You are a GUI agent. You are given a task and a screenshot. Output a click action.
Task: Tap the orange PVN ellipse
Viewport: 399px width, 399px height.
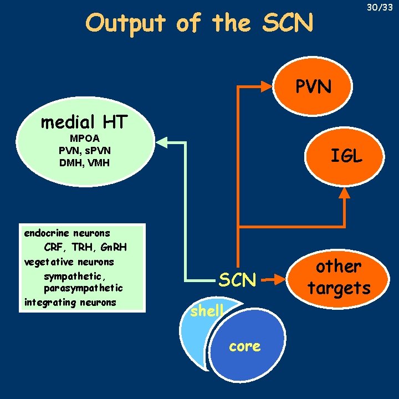pyautogui.click(x=313, y=86)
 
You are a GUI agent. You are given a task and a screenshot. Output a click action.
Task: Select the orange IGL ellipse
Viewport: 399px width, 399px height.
pyautogui.click(x=346, y=157)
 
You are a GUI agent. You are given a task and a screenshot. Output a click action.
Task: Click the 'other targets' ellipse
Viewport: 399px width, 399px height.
pyautogui.click(x=339, y=277)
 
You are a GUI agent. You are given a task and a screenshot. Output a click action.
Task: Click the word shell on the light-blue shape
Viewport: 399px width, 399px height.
pyautogui.click(x=206, y=311)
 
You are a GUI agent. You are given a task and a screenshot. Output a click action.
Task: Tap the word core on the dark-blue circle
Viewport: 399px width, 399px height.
pyautogui.click(x=245, y=347)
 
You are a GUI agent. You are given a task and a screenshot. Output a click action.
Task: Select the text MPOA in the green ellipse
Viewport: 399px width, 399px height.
pyautogui.click(x=84, y=138)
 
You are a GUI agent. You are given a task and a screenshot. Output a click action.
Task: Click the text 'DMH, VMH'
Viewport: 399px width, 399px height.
pyautogui.click(x=84, y=162)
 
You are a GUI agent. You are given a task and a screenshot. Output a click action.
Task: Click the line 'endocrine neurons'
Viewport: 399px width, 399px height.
pyautogui.click(x=67, y=233)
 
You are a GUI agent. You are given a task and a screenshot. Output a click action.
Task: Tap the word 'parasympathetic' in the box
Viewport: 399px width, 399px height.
pyautogui.click(x=83, y=288)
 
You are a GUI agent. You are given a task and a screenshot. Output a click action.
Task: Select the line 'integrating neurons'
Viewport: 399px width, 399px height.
pyautogui.click(x=70, y=302)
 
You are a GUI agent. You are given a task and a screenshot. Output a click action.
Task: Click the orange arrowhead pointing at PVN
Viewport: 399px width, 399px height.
pyautogui.click(x=275, y=87)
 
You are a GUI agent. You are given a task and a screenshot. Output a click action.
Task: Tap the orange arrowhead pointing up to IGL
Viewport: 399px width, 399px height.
pyautogui.click(x=345, y=193)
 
